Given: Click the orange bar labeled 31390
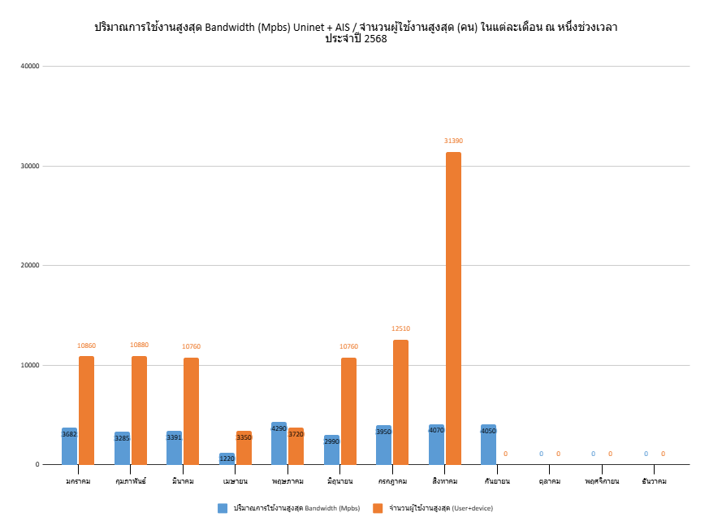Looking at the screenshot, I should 452,309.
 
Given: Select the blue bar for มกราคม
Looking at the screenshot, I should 69,446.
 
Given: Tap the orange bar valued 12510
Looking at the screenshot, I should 400,402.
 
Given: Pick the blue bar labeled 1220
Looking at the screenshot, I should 227,459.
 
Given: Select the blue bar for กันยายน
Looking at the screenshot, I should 488,445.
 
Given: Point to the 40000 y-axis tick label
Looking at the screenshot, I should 29,66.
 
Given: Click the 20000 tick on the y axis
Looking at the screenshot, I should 29,266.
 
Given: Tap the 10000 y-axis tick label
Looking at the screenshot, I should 29,365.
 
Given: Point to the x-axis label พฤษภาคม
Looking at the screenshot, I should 287,481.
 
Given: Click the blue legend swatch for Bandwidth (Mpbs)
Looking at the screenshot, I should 223,508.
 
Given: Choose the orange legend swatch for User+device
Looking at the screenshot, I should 378,508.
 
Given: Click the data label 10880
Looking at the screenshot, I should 139,345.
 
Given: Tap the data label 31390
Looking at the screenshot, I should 453,141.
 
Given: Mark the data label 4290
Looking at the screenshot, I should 279,428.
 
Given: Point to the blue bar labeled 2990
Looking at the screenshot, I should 331,450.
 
